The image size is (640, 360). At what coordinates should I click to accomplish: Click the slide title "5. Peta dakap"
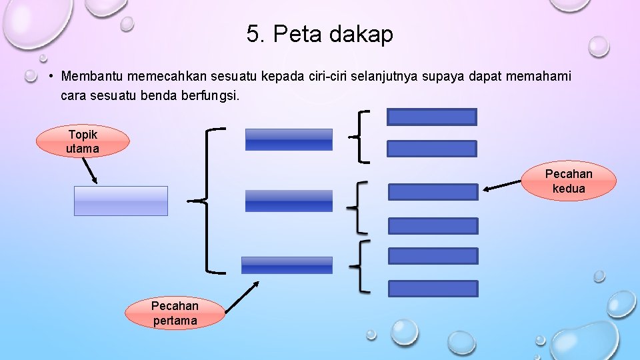[x=319, y=34]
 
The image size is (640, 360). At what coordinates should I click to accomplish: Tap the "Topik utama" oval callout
[x=83, y=141]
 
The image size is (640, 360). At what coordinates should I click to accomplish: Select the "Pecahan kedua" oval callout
[x=568, y=181]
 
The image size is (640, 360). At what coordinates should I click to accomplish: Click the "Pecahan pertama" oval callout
[x=175, y=313]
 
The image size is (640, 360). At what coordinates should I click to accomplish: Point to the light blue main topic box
[x=121, y=201]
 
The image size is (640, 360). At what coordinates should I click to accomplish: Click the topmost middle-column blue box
[x=289, y=139]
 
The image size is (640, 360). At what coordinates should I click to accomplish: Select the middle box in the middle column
[x=289, y=201]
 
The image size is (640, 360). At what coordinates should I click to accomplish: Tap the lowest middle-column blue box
[x=287, y=265]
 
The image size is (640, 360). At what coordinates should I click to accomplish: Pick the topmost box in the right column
[x=432, y=117]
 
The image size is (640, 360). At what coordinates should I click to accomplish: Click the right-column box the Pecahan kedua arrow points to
[x=433, y=192]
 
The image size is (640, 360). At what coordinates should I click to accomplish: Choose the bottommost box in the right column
[x=433, y=289]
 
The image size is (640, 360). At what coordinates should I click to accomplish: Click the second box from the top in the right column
[x=432, y=149]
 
